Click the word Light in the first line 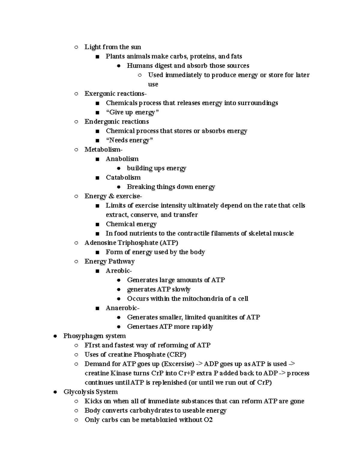pyautogui.click(x=92, y=47)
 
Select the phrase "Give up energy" pyautogui.click(x=132, y=112)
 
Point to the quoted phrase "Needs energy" pyautogui.click(x=129, y=140)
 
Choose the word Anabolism pyautogui.click(x=122, y=159)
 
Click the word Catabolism pyautogui.click(x=123, y=177)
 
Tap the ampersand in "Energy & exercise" pyautogui.click(x=111, y=196)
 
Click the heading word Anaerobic pyautogui.click(x=122, y=308)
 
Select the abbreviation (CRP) pyautogui.click(x=177, y=354)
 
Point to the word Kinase pyautogui.click(x=121, y=373)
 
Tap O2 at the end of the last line pyautogui.click(x=208, y=420)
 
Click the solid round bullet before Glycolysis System pyautogui.click(x=55, y=392)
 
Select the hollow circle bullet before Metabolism pyautogui.click(x=76, y=149)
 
